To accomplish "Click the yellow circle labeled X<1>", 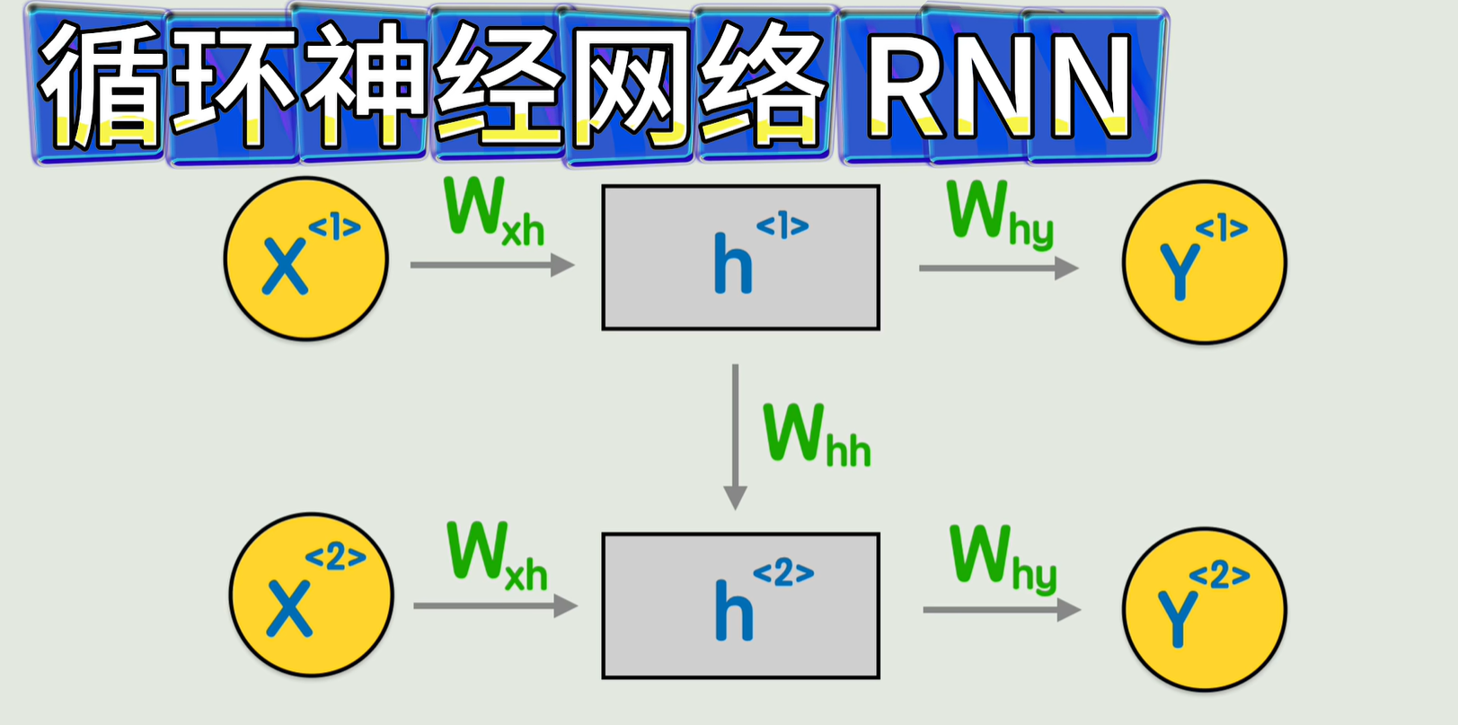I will click(x=305, y=259).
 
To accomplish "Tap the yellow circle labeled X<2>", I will click(x=311, y=595).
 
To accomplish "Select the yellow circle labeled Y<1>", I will click(x=1204, y=261).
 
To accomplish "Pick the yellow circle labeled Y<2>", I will click(x=1205, y=608).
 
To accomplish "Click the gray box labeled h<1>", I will click(x=740, y=258).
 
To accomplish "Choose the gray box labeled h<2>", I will click(x=740, y=606).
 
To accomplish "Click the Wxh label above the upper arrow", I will click(x=493, y=212).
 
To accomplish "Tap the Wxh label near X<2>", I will click(x=497, y=557).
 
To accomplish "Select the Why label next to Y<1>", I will click(x=999, y=214).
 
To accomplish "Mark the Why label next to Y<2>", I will click(x=1003, y=559).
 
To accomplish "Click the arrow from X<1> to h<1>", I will click(x=491, y=265).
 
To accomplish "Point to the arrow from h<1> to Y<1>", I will click(x=997, y=268).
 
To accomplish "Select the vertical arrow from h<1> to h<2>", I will click(x=736, y=436).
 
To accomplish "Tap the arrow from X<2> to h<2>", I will click(x=495, y=606).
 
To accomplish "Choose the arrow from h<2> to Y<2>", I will click(x=1001, y=610).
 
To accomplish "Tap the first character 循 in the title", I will click(x=101, y=86).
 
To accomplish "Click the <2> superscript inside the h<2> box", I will click(x=783, y=572).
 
